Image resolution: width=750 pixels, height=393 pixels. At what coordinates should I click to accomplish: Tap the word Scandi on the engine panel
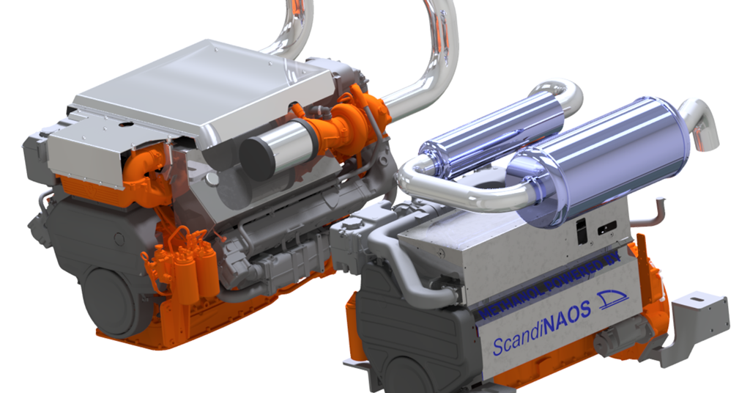click(513, 342)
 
